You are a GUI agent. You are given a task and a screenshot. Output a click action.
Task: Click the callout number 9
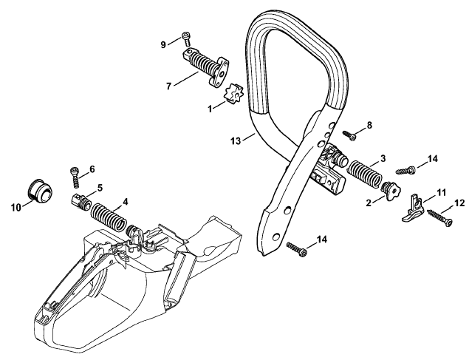tap(163, 45)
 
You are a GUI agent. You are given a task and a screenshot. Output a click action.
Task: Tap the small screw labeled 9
tap(187, 39)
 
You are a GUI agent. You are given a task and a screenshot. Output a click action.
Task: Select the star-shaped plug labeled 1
tap(233, 94)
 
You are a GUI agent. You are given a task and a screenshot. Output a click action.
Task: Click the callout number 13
tap(236, 140)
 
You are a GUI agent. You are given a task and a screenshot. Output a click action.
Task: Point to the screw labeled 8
tap(349, 135)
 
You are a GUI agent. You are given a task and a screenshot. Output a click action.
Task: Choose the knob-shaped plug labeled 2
tap(391, 191)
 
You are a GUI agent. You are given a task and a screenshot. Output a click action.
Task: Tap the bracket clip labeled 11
tap(413, 208)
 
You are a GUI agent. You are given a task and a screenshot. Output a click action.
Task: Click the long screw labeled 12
tap(439, 217)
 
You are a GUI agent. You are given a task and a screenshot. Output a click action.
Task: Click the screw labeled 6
tap(75, 177)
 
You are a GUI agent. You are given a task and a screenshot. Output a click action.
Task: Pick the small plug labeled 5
tap(81, 203)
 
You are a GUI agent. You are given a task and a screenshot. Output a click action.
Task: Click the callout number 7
tap(168, 86)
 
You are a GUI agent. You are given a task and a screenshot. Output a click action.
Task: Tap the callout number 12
tap(459, 203)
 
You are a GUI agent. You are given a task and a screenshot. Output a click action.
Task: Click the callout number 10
tap(16, 207)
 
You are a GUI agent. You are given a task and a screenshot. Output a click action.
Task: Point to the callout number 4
tap(125, 202)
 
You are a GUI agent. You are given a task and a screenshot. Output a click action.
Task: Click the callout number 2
tap(369, 203)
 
